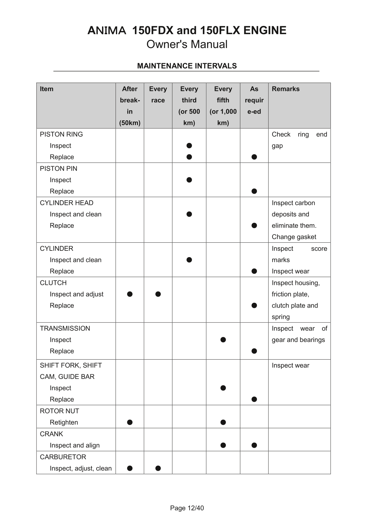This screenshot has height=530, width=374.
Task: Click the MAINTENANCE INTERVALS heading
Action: pos(187,66)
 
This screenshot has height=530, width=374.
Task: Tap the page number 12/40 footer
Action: pos(187,508)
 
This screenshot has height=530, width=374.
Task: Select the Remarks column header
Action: pos(286,89)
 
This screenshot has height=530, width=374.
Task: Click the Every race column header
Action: pos(158,94)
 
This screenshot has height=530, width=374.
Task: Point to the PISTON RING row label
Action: pos(61,134)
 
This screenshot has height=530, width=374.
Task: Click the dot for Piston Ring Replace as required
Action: pos(254,157)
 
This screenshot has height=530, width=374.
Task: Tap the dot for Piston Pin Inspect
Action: pos(189,180)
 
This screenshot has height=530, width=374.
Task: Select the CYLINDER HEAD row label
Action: pos(66,203)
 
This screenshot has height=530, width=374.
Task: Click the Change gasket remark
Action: pos(294,237)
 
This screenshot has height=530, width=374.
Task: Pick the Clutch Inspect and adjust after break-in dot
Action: pos(130,294)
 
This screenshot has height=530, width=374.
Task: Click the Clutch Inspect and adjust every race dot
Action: pos(158,294)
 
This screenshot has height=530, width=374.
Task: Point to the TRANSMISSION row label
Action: pos(65,328)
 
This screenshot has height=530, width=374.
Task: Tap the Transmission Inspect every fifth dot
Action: pos(223,340)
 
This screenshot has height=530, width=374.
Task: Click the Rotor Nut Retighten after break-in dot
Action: pos(130,422)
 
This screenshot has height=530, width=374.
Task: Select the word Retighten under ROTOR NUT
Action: pos(64,422)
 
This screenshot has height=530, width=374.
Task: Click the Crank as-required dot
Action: pos(254,445)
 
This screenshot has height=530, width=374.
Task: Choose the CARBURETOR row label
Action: pos(63,457)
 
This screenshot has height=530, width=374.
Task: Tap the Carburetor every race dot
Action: pos(158,468)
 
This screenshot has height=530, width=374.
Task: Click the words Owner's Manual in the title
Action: pos(187,44)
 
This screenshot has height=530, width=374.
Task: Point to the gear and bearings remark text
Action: pos(298,340)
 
